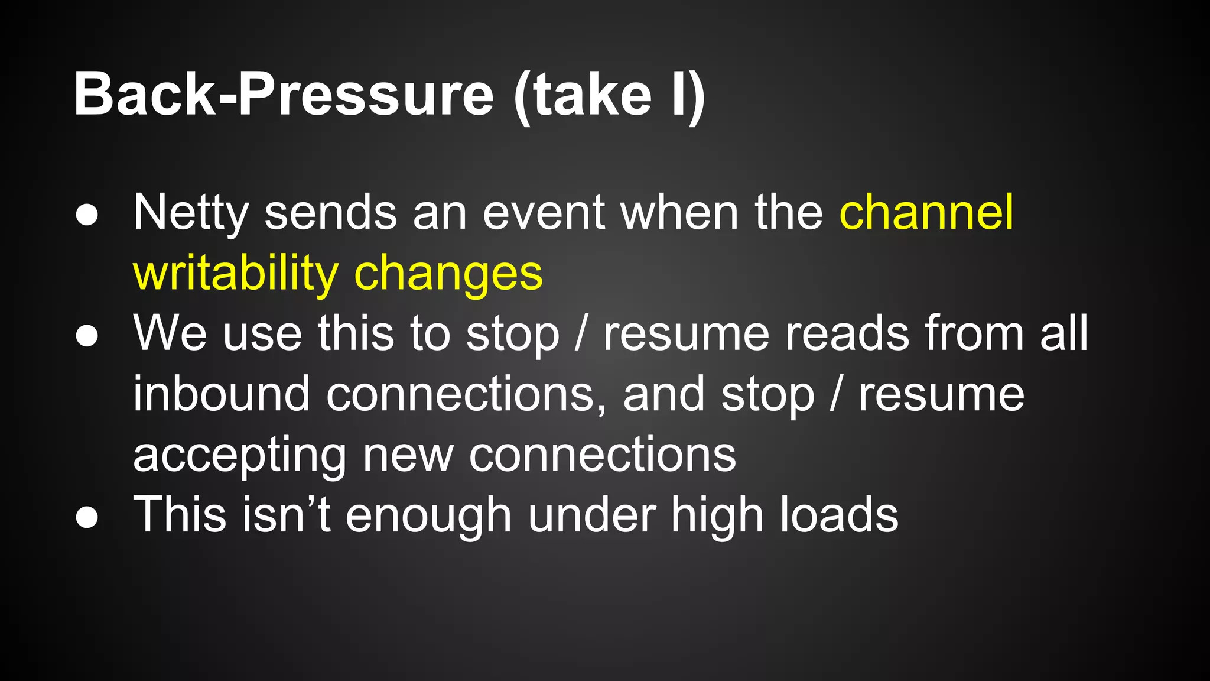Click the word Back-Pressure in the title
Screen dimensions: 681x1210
pos(284,95)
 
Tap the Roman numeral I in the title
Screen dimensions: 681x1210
pos(678,95)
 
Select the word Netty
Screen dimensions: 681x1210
pos(191,213)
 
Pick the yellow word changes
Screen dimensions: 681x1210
pos(448,274)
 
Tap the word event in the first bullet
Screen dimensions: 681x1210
pos(544,213)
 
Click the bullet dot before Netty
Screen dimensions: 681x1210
pos(87,215)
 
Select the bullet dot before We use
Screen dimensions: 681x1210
pos(87,336)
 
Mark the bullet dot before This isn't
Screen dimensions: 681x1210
pos(87,517)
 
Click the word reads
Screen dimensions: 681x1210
pos(847,334)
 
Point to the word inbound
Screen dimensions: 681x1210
pos(221,394)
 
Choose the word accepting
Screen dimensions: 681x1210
pos(239,456)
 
